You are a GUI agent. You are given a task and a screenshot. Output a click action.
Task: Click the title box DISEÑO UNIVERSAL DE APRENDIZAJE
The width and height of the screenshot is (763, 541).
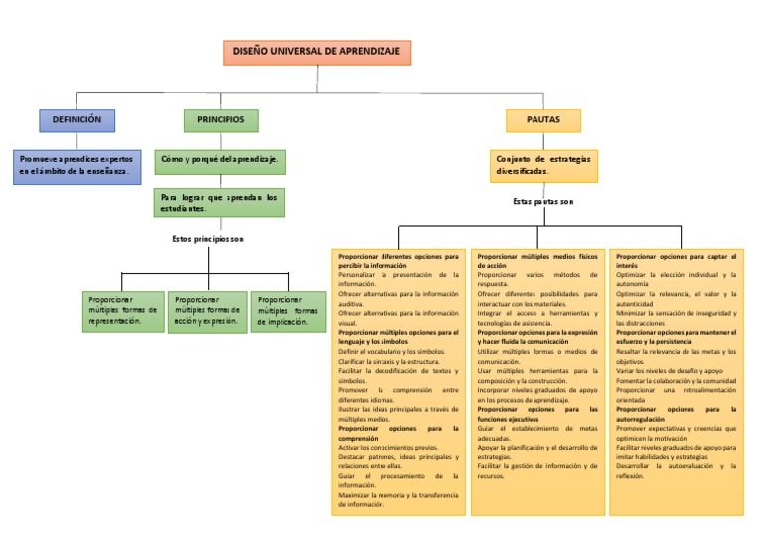[316, 53]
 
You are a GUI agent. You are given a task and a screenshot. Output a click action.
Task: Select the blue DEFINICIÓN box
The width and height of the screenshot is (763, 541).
[77, 120]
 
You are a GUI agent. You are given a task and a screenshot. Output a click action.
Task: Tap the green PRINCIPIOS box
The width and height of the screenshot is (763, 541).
[221, 120]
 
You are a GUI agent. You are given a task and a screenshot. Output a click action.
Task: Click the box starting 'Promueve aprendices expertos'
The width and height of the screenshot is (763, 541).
[78, 165]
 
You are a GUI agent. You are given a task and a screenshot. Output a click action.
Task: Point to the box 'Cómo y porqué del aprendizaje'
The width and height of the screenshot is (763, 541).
[221, 159]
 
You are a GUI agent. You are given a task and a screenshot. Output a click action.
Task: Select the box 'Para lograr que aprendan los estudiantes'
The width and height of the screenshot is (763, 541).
[221, 203]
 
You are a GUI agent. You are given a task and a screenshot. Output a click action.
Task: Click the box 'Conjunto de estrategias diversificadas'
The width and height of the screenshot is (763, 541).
[544, 165]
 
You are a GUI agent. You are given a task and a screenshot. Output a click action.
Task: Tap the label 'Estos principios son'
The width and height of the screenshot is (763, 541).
[208, 239]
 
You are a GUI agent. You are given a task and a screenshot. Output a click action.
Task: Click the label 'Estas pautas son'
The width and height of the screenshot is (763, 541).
[543, 201]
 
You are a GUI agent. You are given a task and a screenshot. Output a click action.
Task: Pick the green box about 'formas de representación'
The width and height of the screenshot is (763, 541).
[122, 310]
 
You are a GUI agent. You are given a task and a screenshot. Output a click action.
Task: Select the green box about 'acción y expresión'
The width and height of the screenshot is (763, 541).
[208, 310]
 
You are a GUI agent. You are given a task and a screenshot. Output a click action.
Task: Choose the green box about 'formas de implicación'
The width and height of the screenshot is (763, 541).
[288, 310]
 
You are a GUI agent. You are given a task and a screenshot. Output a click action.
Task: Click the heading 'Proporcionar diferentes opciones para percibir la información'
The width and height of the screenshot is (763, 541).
[397, 261]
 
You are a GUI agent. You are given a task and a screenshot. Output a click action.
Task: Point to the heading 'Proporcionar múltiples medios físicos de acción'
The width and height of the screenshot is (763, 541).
[536, 261]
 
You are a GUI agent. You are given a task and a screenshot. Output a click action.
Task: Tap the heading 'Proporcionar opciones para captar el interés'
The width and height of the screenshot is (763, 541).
[676, 261]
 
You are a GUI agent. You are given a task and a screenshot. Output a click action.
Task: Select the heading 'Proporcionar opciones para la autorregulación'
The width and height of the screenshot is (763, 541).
[676, 414]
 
